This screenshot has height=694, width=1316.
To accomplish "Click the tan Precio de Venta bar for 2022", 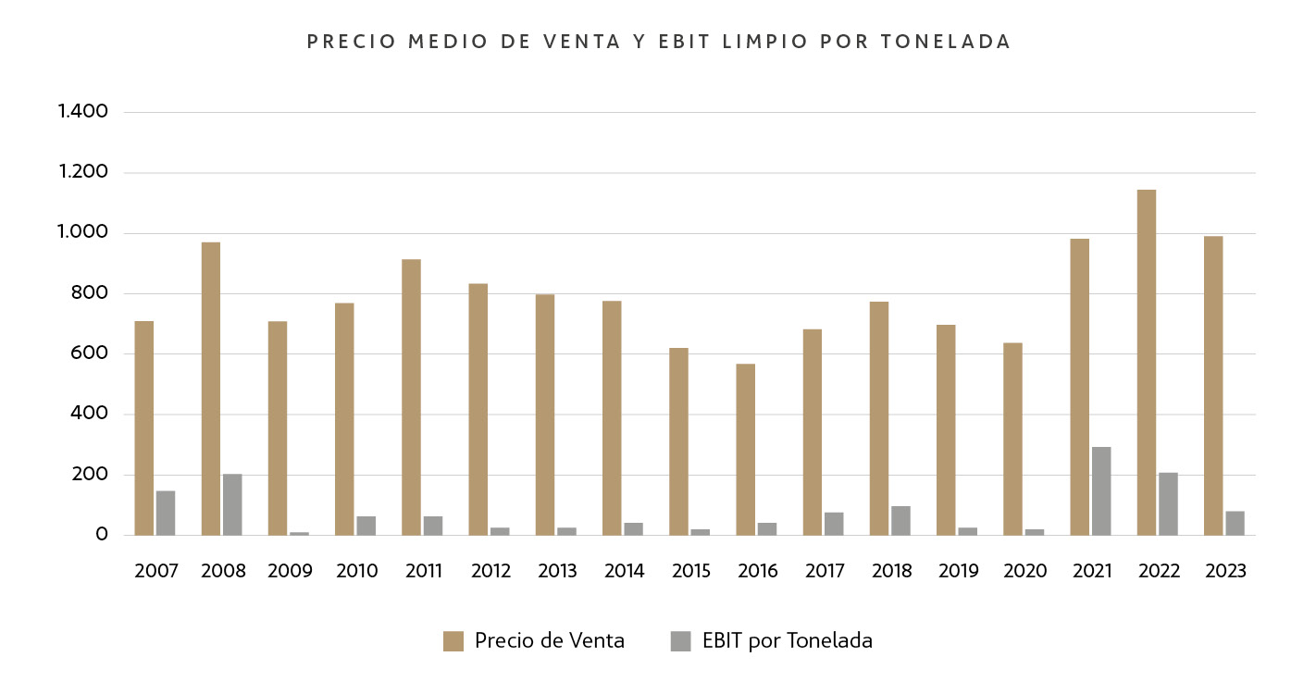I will click(1146, 363).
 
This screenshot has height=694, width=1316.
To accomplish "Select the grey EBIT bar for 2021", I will click(1101, 491).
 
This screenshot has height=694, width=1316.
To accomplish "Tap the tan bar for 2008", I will click(210, 389).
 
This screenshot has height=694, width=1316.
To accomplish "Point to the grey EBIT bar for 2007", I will click(166, 513).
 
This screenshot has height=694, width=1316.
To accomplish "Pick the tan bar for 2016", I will click(745, 450).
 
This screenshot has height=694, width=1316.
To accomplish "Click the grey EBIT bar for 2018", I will click(900, 521).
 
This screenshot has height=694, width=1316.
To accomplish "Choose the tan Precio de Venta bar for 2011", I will click(411, 397).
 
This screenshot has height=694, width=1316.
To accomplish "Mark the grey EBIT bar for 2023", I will click(1235, 523).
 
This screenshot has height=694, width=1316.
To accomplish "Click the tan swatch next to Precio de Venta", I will click(453, 641).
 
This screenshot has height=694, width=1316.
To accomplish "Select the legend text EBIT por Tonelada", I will click(787, 640).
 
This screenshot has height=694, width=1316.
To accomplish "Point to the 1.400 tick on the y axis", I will click(83, 112).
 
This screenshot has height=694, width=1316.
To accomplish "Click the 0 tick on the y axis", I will click(102, 535).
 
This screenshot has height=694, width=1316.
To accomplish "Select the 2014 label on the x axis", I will click(624, 571).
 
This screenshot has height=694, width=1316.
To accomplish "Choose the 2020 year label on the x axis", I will click(1024, 571).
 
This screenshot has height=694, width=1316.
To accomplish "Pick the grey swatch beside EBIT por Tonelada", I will click(680, 641).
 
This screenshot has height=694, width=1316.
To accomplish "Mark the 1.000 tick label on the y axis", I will click(83, 233).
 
